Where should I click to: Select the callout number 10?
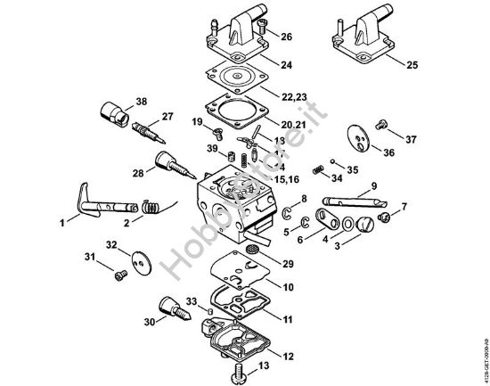pos(290,287)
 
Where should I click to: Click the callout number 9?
pos(374,185)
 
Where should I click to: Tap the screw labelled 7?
pos(385,215)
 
